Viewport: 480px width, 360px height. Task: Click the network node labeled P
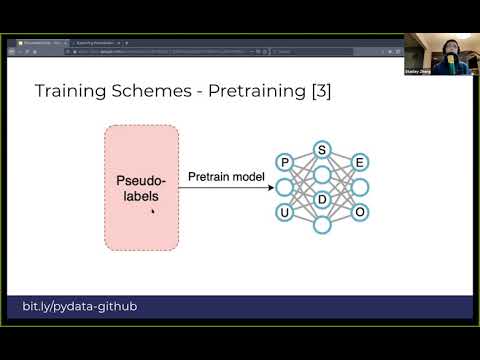tap(285, 162)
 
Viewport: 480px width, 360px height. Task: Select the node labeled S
tap(322, 150)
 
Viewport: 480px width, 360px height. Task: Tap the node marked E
tap(360, 162)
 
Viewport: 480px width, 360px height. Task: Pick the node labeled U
tap(285, 212)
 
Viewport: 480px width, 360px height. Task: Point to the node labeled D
tap(322, 199)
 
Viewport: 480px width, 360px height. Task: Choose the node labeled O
tap(360, 212)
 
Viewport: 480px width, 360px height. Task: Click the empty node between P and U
tap(285, 187)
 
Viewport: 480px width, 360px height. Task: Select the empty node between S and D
tap(322, 175)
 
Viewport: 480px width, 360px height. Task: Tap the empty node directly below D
tap(322, 224)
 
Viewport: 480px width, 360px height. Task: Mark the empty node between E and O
tap(360, 187)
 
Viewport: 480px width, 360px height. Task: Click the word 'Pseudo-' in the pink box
tap(141, 181)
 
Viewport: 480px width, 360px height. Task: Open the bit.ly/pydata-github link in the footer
tap(79, 305)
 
